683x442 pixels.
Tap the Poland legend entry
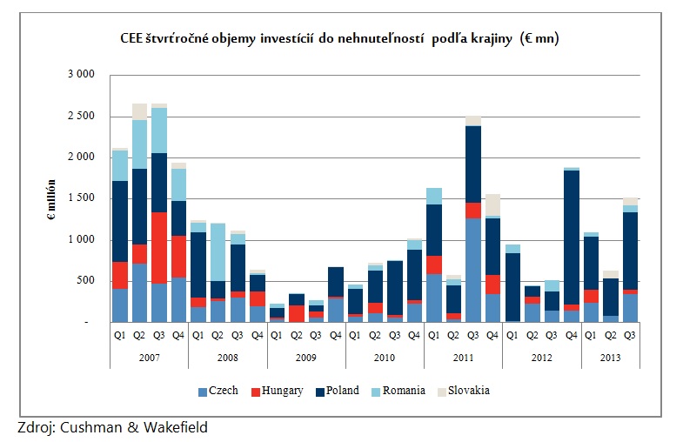pyautogui.click(x=341, y=391)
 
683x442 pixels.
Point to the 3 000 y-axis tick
pyautogui.click(x=81, y=75)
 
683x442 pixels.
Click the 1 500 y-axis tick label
pyautogui.click(x=81, y=198)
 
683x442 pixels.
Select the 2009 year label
pyautogui.click(x=306, y=356)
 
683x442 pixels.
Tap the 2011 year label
pyautogui.click(x=463, y=356)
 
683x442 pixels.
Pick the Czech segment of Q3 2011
pyautogui.click(x=472, y=270)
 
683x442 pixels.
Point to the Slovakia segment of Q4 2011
pyautogui.click(x=492, y=204)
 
